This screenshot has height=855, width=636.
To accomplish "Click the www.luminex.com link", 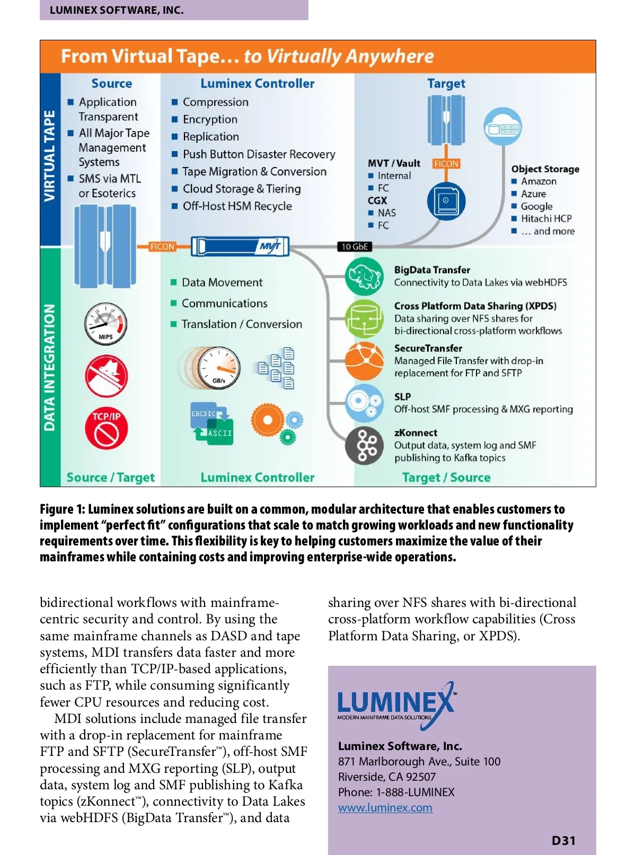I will point(385,808).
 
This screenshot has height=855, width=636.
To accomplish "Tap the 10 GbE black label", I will point(355,246).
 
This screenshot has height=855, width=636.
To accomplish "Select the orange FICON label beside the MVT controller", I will point(162,246).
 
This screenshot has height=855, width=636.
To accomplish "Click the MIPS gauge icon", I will point(105,324).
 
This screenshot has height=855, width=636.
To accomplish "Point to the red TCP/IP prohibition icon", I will point(106,429).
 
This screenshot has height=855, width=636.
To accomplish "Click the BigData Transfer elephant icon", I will point(364,276).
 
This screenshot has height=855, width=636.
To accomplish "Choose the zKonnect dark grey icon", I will point(364,445).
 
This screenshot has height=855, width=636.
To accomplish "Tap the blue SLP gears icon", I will point(364,403).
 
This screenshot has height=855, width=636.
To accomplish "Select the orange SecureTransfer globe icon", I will point(364,360).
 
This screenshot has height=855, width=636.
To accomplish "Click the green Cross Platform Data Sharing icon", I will point(364,318).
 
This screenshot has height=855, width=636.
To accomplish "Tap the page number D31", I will point(563,841).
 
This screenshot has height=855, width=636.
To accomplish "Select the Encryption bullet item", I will point(210,119).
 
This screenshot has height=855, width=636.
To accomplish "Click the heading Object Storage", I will point(545,169).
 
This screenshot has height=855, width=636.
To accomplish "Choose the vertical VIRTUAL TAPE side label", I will point(50,156).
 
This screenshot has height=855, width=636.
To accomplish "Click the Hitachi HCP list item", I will point(546,218).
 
